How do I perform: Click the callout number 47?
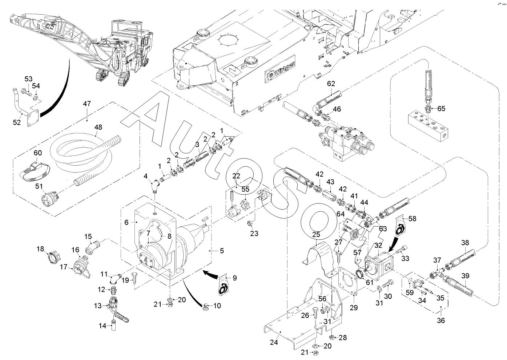[87, 104]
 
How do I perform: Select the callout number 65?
[441, 108]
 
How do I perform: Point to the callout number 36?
[441, 320]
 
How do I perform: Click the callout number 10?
[217, 306]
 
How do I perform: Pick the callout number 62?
[331, 83]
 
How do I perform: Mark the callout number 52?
[17, 122]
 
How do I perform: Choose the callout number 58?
[412, 219]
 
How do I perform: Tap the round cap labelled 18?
[52, 259]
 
